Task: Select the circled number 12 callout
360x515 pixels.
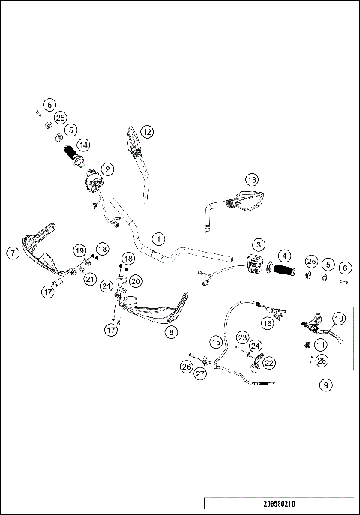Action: pos(147,131)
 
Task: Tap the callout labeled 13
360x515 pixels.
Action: pos(251,180)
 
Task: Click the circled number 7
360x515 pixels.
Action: pos(13,253)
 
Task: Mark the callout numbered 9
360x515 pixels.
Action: pos(325,385)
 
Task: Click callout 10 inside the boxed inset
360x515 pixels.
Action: pos(339,318)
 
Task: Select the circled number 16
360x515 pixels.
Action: pos(266,323)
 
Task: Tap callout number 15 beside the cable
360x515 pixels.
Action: pos(215,342)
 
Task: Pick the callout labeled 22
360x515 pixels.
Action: pos(268,362)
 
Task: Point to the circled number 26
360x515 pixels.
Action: pos(186,367)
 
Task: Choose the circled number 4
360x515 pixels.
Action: pos(284,256)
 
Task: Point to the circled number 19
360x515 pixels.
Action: pos(79,250)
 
